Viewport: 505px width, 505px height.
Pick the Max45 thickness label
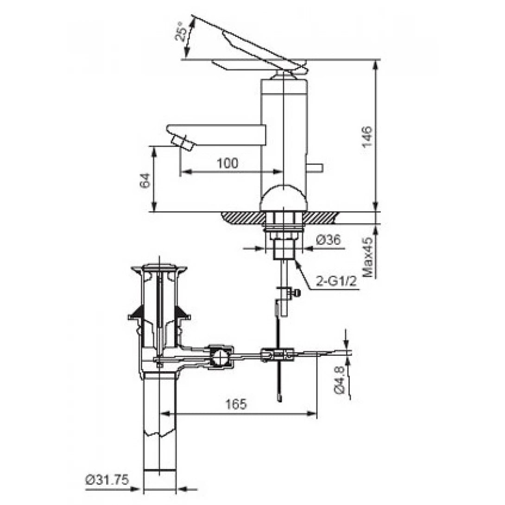pos(368,258)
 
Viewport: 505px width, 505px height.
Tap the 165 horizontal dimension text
pos(236,404)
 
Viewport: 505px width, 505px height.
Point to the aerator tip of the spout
pos(182,142)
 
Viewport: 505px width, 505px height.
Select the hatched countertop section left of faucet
pos(241,216)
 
